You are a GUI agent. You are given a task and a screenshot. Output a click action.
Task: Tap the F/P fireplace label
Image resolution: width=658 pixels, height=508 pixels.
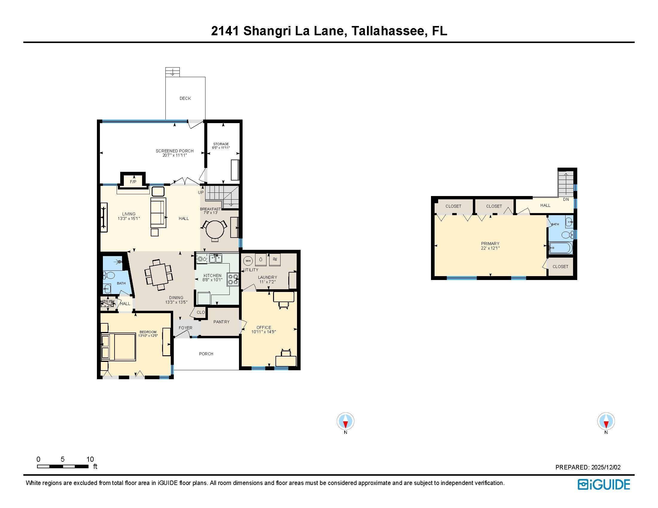[133, 182]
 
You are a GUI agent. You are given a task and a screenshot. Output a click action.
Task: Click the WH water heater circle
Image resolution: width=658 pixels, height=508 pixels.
[248, 261]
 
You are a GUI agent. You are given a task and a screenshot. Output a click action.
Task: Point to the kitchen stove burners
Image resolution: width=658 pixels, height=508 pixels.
[233, 279]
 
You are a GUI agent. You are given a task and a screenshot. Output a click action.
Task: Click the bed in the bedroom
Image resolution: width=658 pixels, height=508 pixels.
[118, 346]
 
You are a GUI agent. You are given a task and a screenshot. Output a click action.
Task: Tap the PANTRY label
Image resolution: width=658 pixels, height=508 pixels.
[221, 322]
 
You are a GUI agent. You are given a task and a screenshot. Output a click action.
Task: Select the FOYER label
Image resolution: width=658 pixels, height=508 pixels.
[185, 328]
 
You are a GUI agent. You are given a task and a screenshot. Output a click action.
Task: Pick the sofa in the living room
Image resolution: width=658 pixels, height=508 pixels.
[158, 213]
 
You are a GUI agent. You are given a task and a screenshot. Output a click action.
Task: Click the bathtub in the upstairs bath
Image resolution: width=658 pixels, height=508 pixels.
[560, 249]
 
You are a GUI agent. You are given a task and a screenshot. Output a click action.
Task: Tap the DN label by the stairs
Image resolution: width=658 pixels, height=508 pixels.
[566, 199]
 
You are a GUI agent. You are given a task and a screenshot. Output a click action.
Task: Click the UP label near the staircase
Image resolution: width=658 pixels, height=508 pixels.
[201, 192]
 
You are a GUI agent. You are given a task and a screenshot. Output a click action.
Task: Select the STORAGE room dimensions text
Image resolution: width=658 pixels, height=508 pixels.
[221, 148]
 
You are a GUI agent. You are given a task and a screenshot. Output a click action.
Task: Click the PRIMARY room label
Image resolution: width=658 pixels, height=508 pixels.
[490, 244]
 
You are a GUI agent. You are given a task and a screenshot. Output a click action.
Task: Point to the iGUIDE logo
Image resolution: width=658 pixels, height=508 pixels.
[604, 484]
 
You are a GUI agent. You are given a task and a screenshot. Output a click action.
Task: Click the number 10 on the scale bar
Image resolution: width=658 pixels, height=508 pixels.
[90, 459]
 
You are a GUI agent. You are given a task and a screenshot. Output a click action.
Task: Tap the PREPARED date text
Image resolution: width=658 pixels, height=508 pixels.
[588, 467]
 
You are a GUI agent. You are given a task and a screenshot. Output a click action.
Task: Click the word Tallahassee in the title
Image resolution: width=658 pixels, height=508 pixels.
[389, 31]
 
